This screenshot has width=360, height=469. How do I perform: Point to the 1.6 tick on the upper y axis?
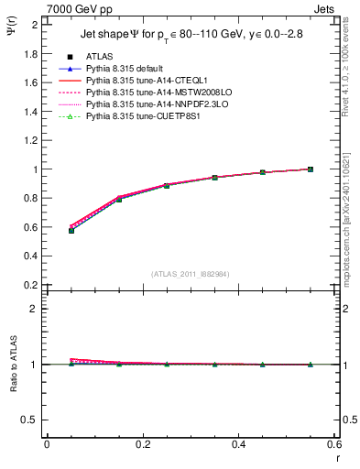[x=30, y=82]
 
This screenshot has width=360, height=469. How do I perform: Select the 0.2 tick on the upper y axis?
[x=30, y=285]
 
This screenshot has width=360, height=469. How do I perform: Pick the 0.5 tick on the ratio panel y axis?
[x=30, y=420]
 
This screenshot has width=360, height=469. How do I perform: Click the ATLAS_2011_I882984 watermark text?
[x=191, y=274]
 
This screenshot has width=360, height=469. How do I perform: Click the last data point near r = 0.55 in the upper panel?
[x=311, y=169]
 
